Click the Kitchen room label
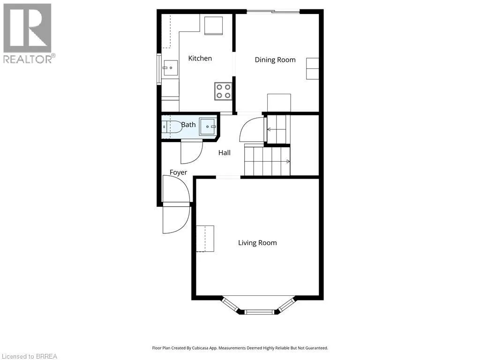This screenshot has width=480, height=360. tap(200, 58)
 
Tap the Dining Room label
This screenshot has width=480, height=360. tap(275, 60)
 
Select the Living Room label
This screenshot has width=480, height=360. tap(257, 243)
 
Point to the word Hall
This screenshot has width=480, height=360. tap(225, 153)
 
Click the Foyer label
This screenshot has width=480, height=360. tap(178, 172)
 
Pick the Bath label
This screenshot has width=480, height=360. tap(188, 125)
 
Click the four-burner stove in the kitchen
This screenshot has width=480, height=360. tap(223, 91)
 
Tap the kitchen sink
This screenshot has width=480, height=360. tap(170, 67)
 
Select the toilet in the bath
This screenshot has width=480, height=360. tap(172, 127)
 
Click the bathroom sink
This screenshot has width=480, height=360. tap(208, 127)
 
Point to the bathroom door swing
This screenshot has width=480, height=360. tap(192, 152)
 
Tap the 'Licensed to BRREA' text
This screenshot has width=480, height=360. tap(29, 356)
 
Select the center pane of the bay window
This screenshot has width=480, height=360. tap(259, 312)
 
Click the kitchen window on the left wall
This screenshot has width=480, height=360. tap(159, 68)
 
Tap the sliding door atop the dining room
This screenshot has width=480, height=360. tap(273, 12)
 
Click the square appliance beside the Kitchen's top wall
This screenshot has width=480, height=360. tap(213, 25)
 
